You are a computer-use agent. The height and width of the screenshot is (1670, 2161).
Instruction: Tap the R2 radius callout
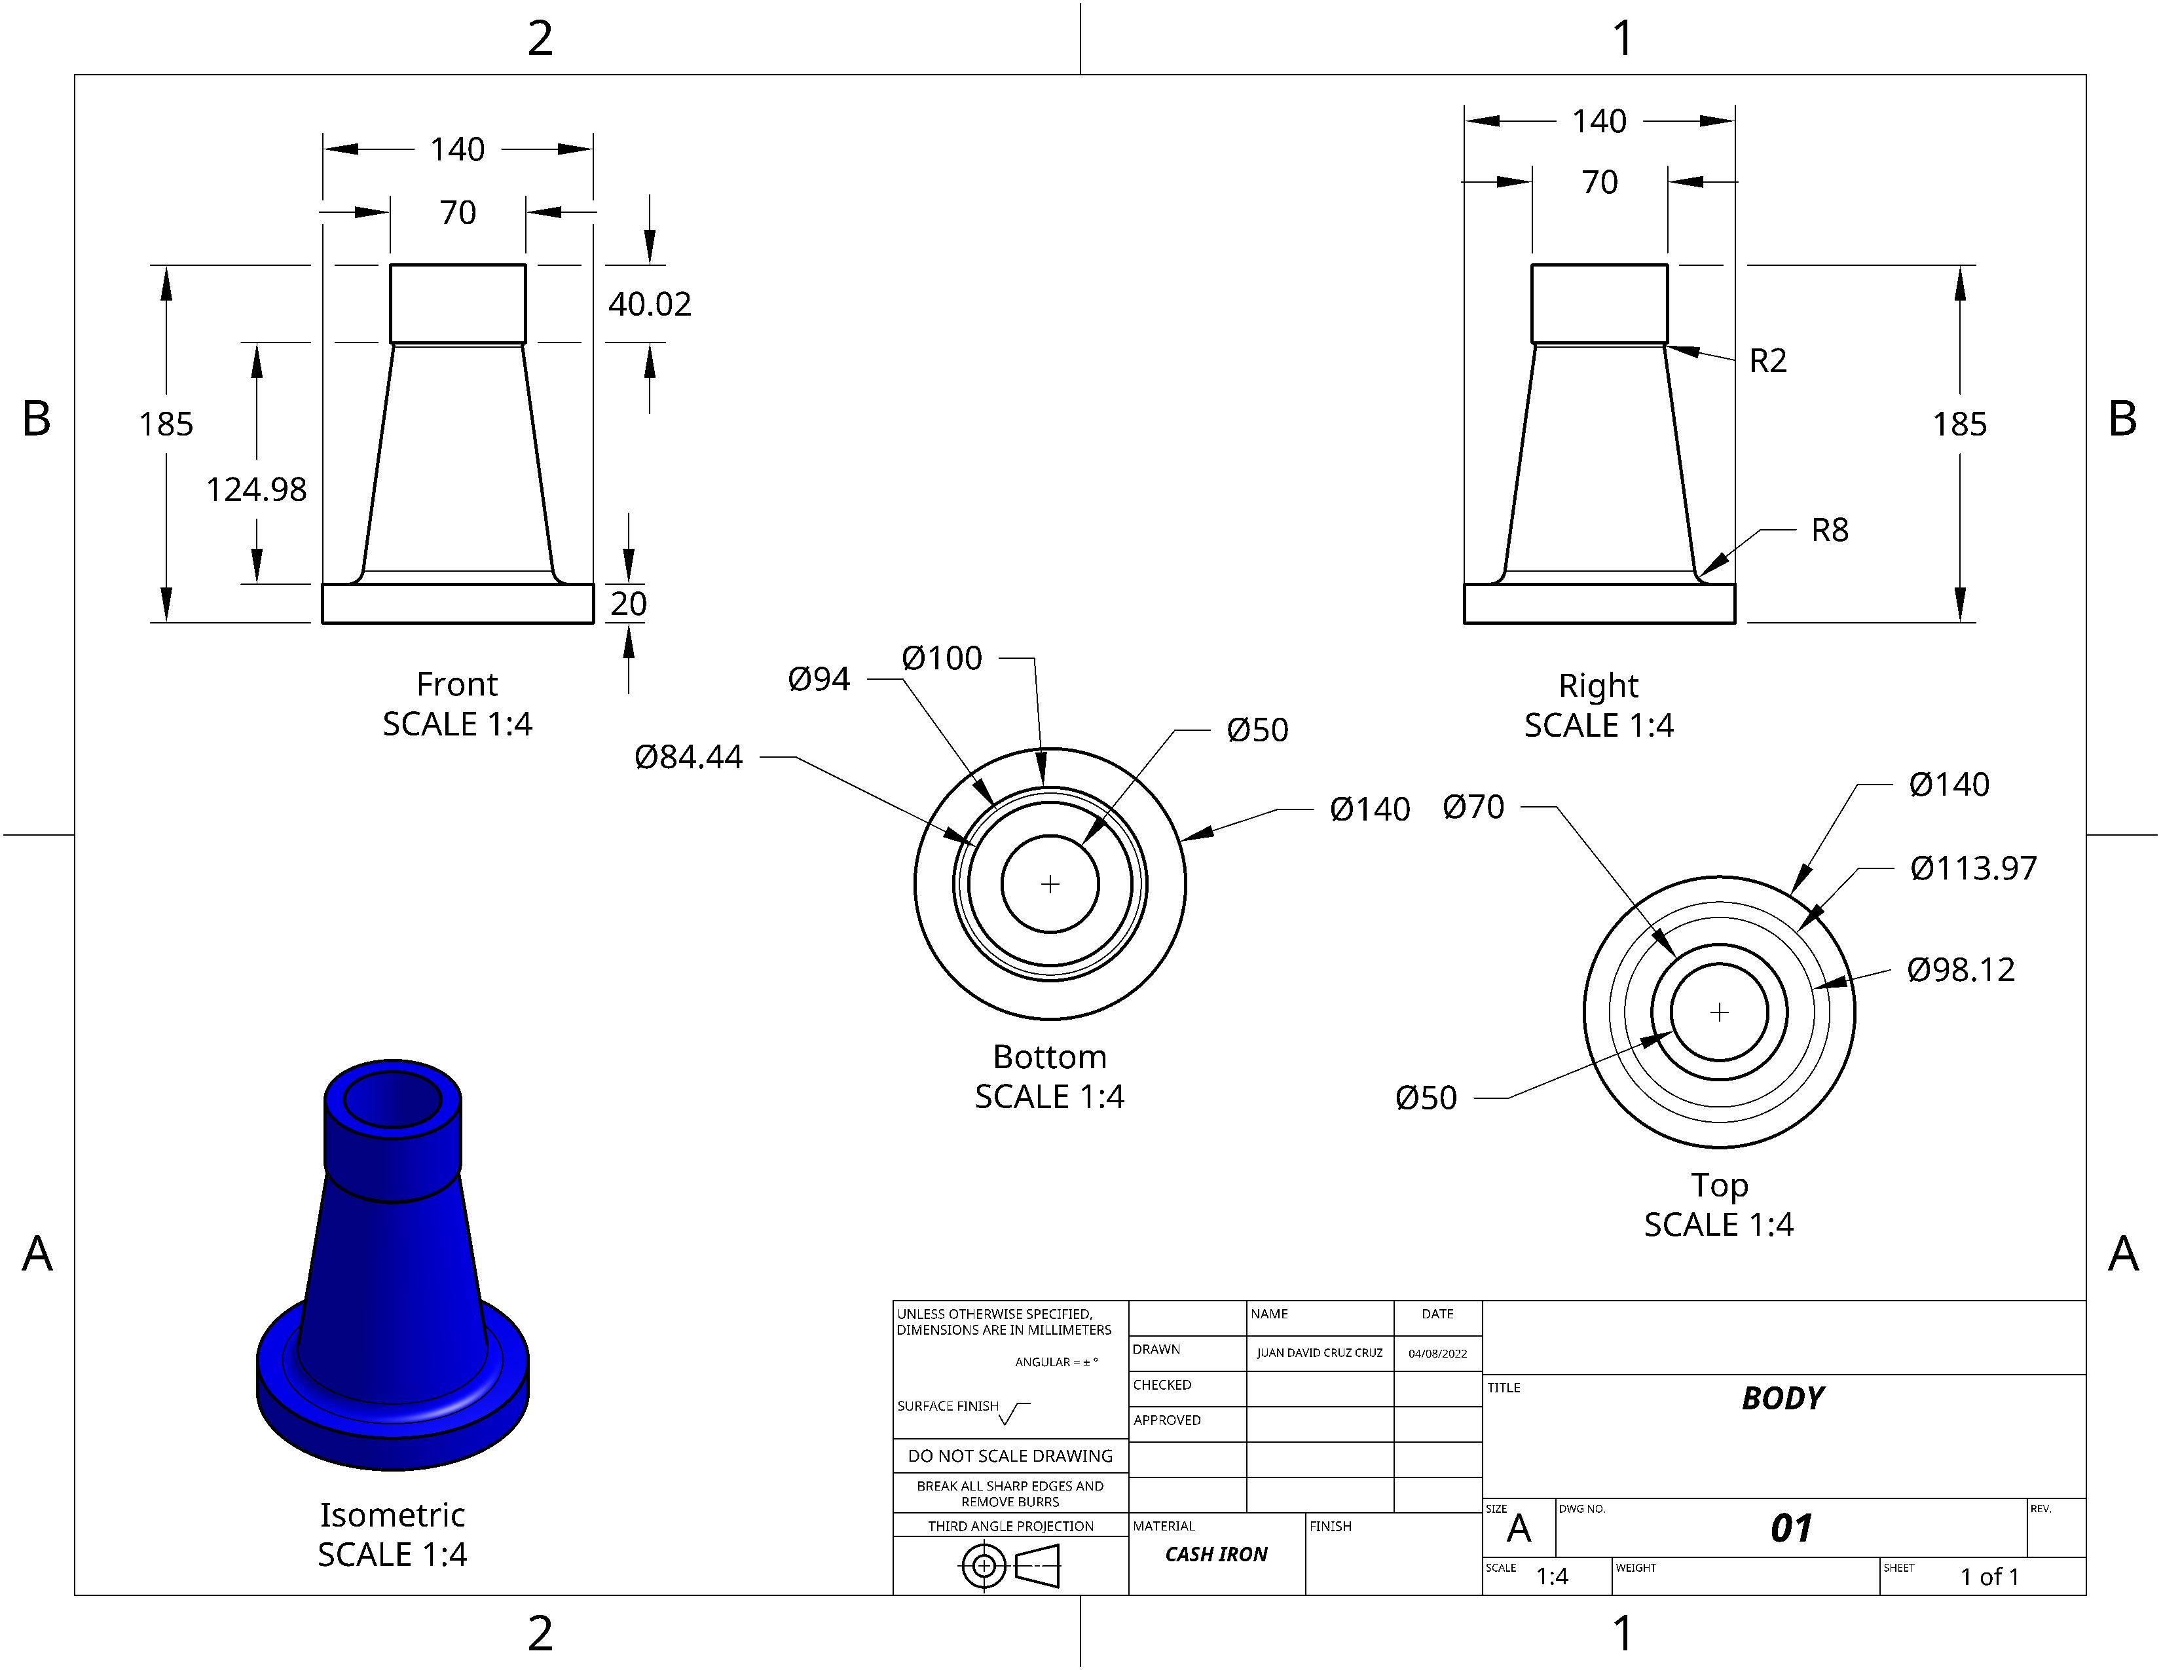(1768, 360)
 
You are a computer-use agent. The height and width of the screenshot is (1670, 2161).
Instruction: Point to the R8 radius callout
(1830, 530)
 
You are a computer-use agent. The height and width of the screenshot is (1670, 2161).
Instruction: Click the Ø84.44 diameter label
(689, 757)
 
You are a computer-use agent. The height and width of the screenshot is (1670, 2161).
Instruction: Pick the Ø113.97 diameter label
(1973, 868)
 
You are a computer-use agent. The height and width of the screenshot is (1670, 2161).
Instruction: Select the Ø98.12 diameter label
(1961, 969)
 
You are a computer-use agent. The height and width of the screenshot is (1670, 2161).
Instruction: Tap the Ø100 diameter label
(942, 659)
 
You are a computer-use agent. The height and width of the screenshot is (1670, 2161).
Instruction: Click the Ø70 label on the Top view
(1473, 807)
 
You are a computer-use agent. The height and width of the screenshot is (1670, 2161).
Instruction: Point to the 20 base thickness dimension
(628, 604)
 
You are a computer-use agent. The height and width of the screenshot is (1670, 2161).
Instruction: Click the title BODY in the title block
(1783, 1398)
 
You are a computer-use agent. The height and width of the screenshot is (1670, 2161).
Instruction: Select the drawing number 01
(1791, 1529)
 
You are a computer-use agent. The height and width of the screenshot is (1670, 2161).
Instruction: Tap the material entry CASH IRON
(1216, 1554)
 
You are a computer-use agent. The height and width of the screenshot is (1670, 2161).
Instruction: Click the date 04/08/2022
(1437, 1354)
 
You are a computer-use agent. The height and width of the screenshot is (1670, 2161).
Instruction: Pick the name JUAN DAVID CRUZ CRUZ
(1320, 1352)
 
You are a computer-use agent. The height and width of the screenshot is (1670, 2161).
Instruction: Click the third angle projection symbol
(1010, 1566)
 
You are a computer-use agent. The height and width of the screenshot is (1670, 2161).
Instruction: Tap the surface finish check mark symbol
(1014, 1414)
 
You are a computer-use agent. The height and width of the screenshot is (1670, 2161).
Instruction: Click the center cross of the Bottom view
(1050, 883)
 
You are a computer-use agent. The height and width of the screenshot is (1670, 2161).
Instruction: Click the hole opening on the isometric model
(393, 1098)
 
